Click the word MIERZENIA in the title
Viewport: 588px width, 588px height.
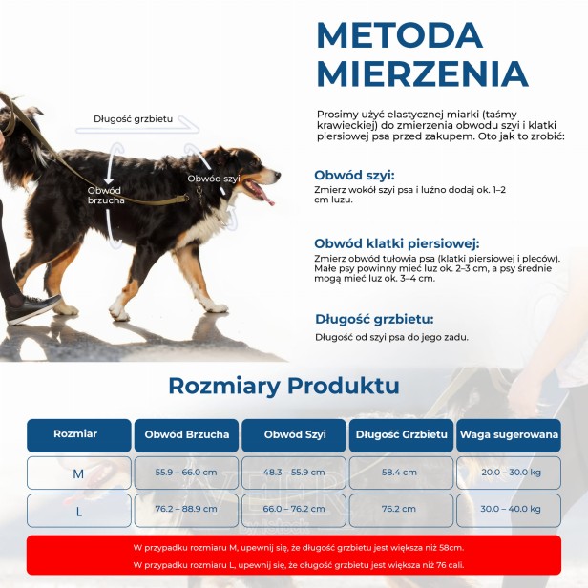(422, 74)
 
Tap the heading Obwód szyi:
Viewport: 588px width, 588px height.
(354, 175)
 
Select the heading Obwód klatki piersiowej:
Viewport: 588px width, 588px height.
(396, 243)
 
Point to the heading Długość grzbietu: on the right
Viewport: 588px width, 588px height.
(374, 319)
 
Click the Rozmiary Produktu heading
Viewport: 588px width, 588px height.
(283, 386)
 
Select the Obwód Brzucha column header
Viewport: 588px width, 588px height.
(187, 434)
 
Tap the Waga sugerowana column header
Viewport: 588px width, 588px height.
(509, 434)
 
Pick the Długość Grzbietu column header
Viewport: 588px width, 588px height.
(401, 434)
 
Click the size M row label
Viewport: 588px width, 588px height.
(78, 473)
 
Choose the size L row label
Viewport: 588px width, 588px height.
(78, 511)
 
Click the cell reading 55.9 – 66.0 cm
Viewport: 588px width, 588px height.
(187, 472)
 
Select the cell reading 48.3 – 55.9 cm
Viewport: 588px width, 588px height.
(294, 472)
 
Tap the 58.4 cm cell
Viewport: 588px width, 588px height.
(401, 472)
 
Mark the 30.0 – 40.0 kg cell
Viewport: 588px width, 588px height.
(509, 510)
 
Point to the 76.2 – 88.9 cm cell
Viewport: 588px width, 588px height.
(187, 510)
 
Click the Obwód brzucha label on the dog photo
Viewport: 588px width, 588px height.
(105, 195)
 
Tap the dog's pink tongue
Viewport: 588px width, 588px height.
(266, 199)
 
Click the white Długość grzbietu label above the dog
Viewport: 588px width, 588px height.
(134, 119)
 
